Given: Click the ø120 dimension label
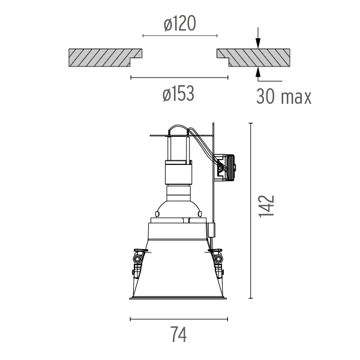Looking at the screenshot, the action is tap(180, 23).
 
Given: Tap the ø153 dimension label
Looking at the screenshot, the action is tap(178, 94).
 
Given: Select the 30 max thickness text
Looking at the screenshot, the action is tap(284, 97).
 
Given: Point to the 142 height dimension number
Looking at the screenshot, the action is tap(266, 206).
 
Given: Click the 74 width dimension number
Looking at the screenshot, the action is tap(179, 335).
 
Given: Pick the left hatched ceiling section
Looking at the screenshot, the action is tap(106, 58).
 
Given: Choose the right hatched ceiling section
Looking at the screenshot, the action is tap(253, 58).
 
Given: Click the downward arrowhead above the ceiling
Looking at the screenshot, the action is tap(258, 44).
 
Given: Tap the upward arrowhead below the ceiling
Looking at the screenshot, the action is tap(258, 72).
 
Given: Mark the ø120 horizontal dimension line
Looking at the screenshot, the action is tap(180, 35).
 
